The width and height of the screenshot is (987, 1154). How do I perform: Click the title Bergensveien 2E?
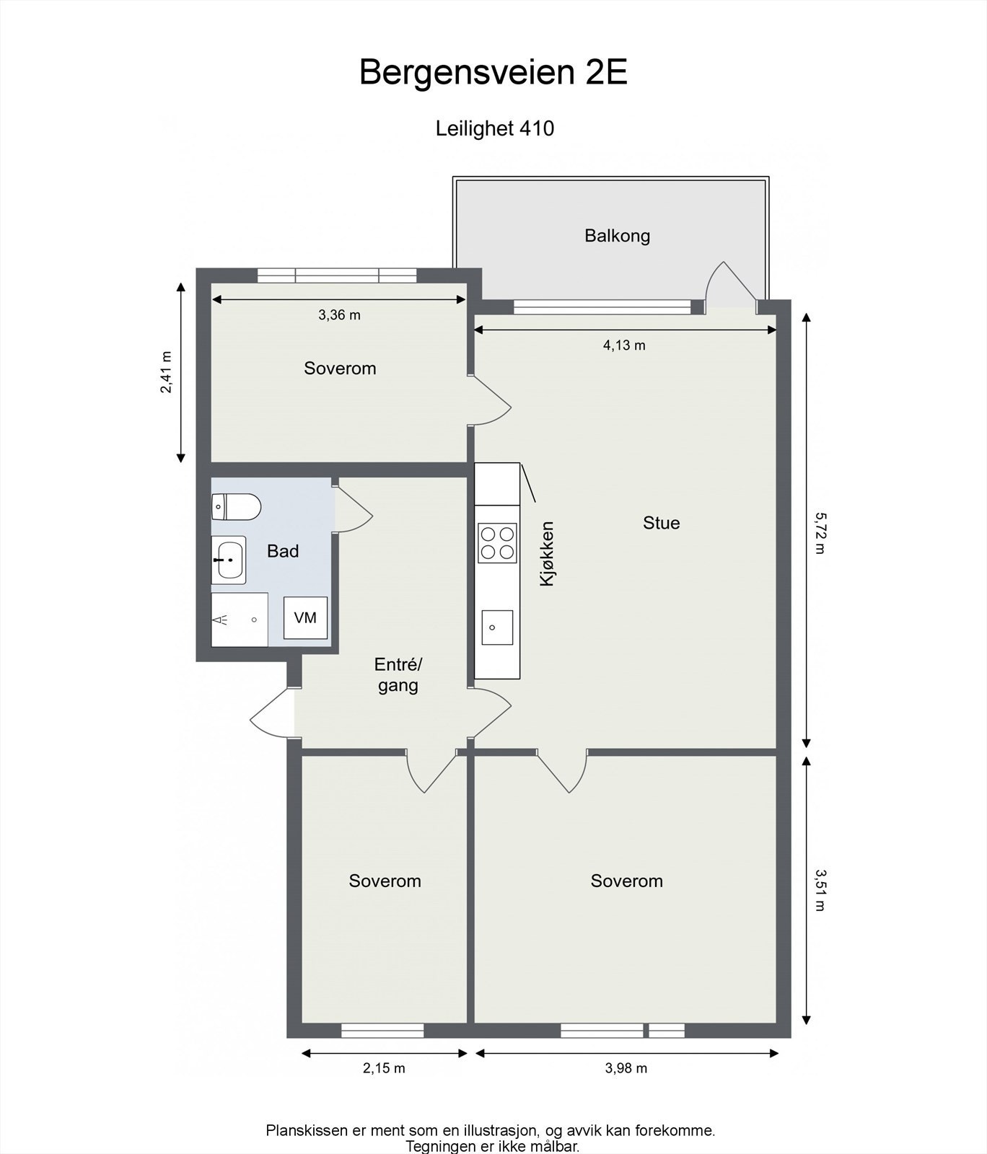[493, 73]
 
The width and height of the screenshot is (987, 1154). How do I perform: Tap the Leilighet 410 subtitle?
[494, 128]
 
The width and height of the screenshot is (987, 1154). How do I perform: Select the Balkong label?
[617, 236]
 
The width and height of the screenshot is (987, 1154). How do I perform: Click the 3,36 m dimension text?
[339, 315]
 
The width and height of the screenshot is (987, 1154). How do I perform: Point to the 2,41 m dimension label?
[166, 372]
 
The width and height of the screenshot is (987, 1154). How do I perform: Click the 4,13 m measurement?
[624, 345]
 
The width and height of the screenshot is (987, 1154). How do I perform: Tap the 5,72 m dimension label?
[818, 533]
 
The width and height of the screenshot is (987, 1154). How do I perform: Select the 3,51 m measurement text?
[818, 890]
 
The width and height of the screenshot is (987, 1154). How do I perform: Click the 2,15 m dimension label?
[384, 1068]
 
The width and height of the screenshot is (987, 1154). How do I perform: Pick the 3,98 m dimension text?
[626, 1068]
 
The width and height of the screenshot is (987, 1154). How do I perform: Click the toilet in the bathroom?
[235, 507]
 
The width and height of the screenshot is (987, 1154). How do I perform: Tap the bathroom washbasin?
[229, 560]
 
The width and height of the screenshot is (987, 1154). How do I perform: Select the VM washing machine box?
[305, 617]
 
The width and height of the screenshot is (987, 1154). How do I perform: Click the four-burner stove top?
[497, 543]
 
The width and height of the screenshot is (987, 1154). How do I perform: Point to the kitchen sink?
[497, 627]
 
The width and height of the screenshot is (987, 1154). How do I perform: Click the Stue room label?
[661, 523]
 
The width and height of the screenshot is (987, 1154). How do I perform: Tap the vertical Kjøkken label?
[547, 553]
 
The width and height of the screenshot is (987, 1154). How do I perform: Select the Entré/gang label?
[398, 674]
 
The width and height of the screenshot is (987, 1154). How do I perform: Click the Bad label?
[283, 551]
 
